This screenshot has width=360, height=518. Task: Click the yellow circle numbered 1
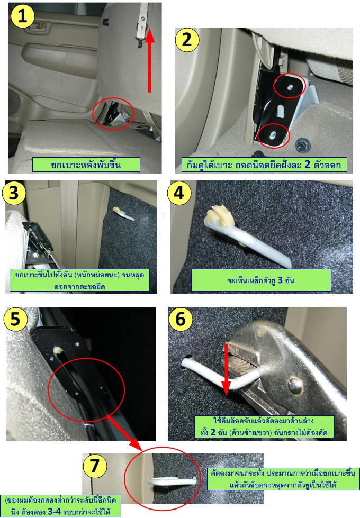(x=22, y=16)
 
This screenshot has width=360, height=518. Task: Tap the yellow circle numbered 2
(x=186, y=40)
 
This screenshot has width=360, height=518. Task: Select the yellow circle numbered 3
(x=14, y=192)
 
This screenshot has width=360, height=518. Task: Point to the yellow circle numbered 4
(x=179, y=192)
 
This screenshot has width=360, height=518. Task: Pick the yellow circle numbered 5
(x=15, y=319)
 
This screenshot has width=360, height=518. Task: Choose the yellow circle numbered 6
(x=181, y=319)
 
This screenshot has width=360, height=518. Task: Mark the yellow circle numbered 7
(x=95, y=466)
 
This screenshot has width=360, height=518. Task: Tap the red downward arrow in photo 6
(x=226, y=370)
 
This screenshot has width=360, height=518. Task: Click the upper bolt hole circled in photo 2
(x=290, y=87)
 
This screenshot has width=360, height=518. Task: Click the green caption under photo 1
(x=86, y=165)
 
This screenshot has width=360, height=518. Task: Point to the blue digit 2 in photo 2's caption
(x=307, y=164)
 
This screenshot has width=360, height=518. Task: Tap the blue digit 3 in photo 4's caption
(x=280, y=280)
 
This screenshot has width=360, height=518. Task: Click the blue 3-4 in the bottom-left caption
(x=55, y=512)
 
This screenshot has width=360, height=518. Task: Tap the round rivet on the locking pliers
(x=295, y=385)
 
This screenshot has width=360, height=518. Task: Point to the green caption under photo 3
(x=79, y=280)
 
